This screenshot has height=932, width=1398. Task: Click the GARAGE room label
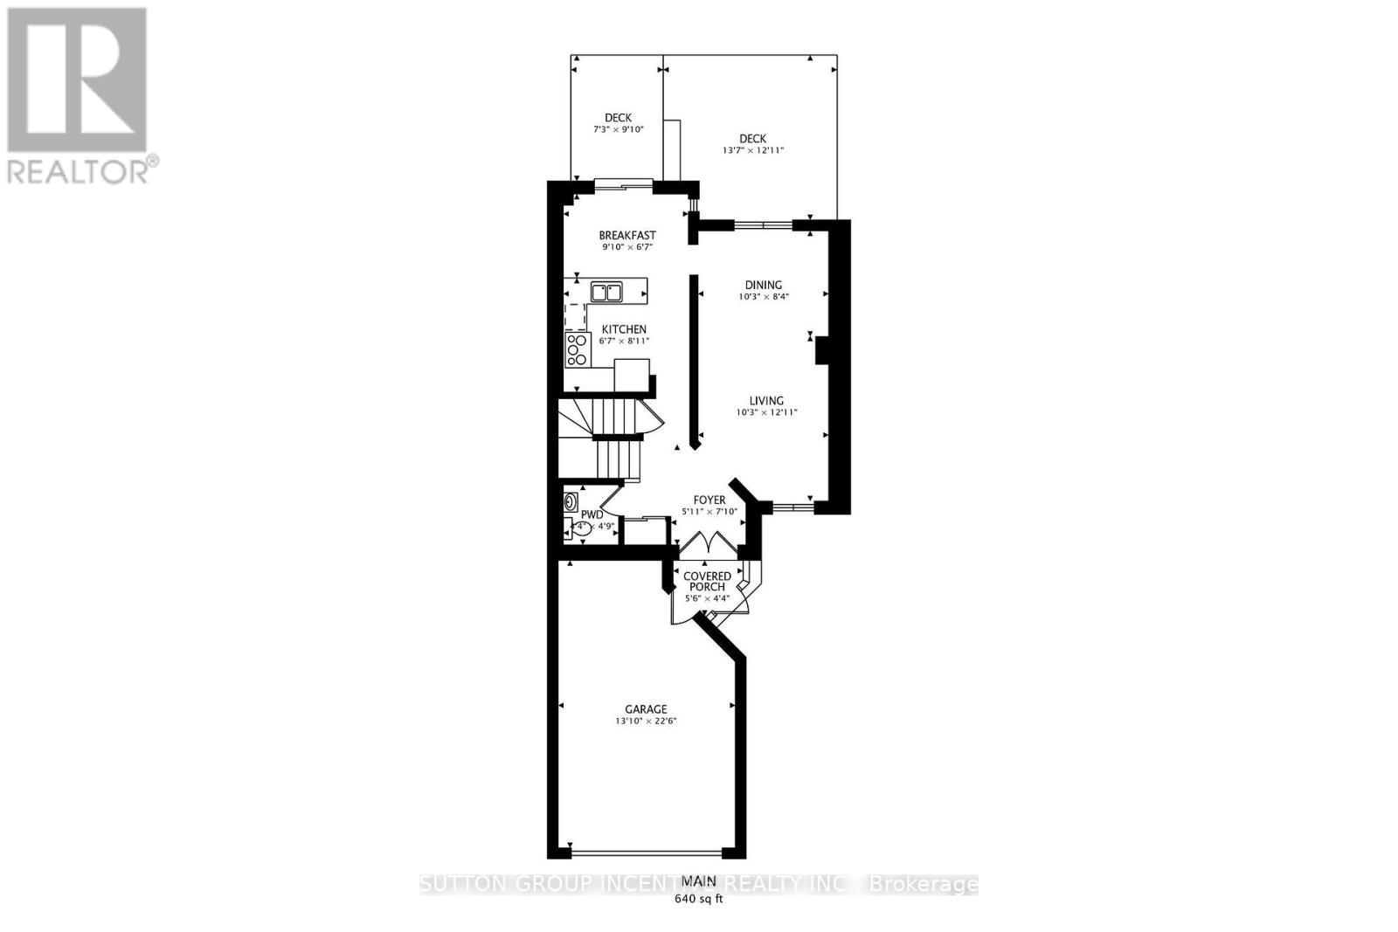(x=646, y=709)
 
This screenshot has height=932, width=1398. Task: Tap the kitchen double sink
(x=606, y=292)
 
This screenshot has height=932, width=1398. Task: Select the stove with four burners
(x=577, y=349)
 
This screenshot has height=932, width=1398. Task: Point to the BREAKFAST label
(x=626, y=235)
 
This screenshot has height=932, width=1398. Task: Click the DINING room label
(x=763, y=285)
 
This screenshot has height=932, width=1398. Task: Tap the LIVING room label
(x=765, y=401)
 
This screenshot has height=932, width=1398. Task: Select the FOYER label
(x=709, y=501)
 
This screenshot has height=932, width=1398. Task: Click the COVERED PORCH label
(x=707, y=582)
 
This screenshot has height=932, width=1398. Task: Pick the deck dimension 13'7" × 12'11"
(x=752, y=150)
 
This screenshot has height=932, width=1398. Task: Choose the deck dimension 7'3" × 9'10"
(x=618, y=129)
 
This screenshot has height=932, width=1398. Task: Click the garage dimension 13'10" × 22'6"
(x=646, y=721)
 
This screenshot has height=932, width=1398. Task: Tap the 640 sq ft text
(x=698, y=900)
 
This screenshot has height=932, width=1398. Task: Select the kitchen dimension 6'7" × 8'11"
(x=624, y=341)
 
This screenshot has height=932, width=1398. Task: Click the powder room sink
(x=571, y=502)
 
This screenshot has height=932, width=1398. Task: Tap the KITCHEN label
(x=624, y=329)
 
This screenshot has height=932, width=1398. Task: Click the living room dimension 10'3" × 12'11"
(x=766, y=412)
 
